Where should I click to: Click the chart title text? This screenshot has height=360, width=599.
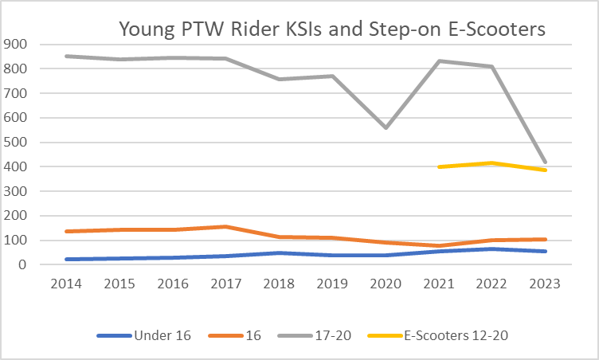pos(332,29)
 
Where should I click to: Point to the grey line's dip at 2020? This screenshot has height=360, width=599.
pos(386,127)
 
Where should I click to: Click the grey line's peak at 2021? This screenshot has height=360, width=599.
pos(439,61)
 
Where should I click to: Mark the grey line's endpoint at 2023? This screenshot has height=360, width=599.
pos(546,162)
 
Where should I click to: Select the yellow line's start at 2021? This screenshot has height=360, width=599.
pos(439,166)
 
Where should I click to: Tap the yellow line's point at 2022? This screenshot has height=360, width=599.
pos(492,163)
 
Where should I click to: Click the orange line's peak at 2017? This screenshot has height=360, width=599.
pos(225,226)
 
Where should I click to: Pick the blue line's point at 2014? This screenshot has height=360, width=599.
pos(65,259)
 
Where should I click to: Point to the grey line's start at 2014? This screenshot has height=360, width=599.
pos(65,56)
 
